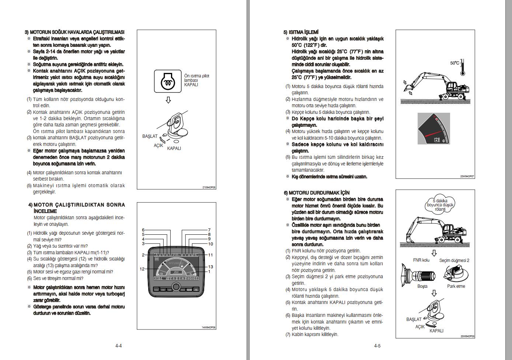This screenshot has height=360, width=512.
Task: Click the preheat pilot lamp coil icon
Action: click(x=168, y=81)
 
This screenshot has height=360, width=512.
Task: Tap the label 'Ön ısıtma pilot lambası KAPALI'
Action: click(x=196, y=80)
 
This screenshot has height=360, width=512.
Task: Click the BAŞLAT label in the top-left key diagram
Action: click(x=150, y=136)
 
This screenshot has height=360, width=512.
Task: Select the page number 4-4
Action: click(x=118, y=346)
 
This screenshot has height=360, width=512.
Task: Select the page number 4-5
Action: click(x=377, y=346)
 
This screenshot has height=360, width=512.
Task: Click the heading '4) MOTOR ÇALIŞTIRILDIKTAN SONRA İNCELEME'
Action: click(x=79, y=208)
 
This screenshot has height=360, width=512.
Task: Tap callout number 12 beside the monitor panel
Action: click(x=142, y=269)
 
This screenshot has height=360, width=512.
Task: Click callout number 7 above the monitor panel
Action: click(x=209, y=230)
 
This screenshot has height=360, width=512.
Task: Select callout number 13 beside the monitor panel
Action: click(x=210, y=267)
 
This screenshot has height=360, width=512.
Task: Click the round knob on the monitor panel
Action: click(x=176, y=287)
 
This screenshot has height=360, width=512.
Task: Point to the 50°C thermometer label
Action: click(x=454, y=63)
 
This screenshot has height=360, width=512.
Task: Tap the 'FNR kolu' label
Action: click(x=421, y=260)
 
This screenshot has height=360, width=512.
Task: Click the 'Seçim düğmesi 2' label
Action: click(x=454, y=261)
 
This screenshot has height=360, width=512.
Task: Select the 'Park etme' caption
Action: click(x=456, y=286)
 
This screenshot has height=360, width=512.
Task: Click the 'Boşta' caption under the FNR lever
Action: click(x=422, y=286)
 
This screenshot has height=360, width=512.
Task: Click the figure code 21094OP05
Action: click(x=209, y=187)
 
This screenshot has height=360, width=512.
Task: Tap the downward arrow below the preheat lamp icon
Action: click(x=168, y=100)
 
